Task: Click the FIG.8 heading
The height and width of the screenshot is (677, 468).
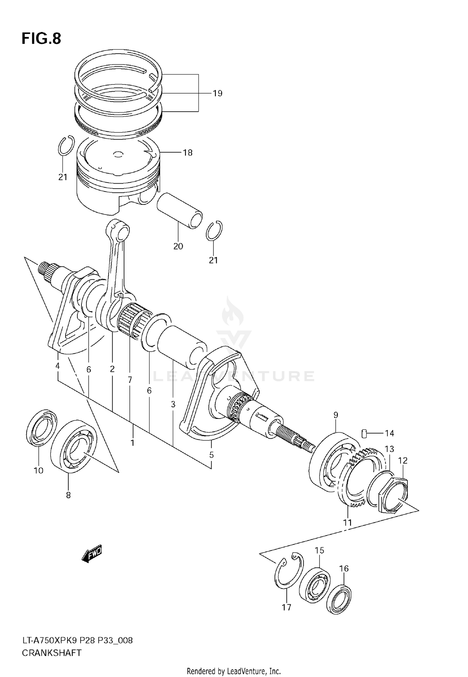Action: coord(41,39)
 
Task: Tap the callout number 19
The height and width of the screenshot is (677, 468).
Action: coord(217,93)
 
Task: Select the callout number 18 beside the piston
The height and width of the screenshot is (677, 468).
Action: coord(188,152)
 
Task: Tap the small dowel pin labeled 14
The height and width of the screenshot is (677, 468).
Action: coord(364,433)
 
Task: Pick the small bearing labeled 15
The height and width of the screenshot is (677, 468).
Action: coord(314,583)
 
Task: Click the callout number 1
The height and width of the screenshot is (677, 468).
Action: coord(132,443)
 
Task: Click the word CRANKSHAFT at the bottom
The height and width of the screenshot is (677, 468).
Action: coord(51,653)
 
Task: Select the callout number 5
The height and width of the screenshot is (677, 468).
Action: coord(211,455)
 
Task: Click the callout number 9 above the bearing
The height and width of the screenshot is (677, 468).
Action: coord(336,415)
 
